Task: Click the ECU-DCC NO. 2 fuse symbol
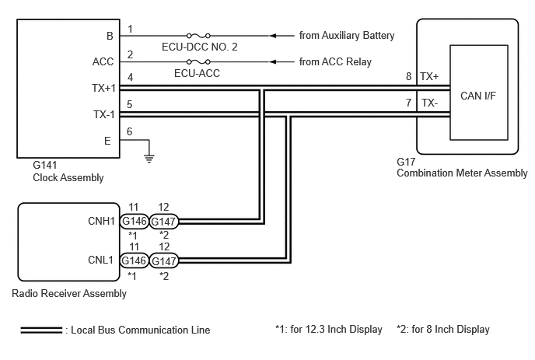click(198, 36)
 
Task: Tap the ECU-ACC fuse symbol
click(198, 61)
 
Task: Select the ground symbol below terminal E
click(149, 159)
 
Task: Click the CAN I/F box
click(479, 93)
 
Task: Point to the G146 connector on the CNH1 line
click(134, 222)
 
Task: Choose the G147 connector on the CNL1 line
click(164, 261)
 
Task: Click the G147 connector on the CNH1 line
click(164, 222)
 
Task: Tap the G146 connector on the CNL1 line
click(134, 260)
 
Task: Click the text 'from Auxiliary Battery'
click(347, 36)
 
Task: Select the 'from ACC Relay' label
click(335, 61)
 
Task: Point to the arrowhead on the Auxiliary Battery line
click(273, 36)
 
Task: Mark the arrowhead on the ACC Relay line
click(273, 61)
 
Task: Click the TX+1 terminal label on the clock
click(103, 88)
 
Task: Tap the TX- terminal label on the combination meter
click(429, 103)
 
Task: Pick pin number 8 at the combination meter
click(408, 76)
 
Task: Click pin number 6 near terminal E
click(129, 131)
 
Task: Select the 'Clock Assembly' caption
click(68, 178)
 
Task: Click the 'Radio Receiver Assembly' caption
click(69, 293)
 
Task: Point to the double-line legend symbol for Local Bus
click(41, 330)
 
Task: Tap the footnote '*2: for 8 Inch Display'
click(443, 330)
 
